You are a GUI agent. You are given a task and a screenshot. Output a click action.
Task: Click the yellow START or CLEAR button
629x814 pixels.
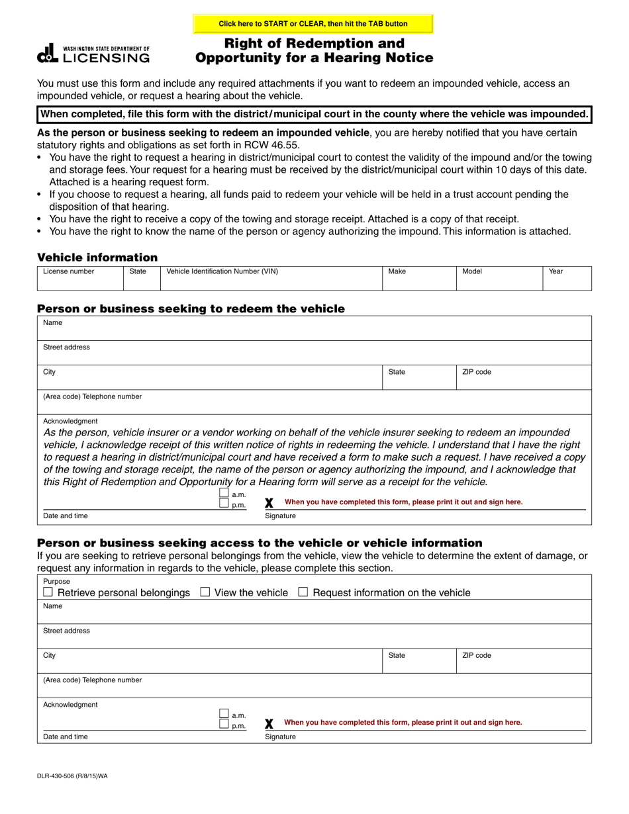pyautogui.click(x=313, y=24)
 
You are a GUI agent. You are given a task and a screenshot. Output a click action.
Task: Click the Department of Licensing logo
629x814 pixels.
pyautogui.click(x=93, y=54)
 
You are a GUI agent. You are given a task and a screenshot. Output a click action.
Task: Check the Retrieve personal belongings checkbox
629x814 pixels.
pyautogui.click(x=48, y=592)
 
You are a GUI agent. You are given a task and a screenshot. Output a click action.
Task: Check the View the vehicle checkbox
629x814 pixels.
pyautogui.click(x=205, y=592)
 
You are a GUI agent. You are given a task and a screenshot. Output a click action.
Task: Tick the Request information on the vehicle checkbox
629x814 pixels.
pyautogui.click(x=303, y=592)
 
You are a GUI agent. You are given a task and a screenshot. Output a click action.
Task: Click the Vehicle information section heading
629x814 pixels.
pyautogui.click(x=97, y=257)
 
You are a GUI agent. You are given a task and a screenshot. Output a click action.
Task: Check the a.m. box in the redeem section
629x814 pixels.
pyautogui.click(x=224, y=494)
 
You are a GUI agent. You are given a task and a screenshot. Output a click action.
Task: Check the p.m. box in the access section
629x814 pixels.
pyautogui.click(x=224, y=725)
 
